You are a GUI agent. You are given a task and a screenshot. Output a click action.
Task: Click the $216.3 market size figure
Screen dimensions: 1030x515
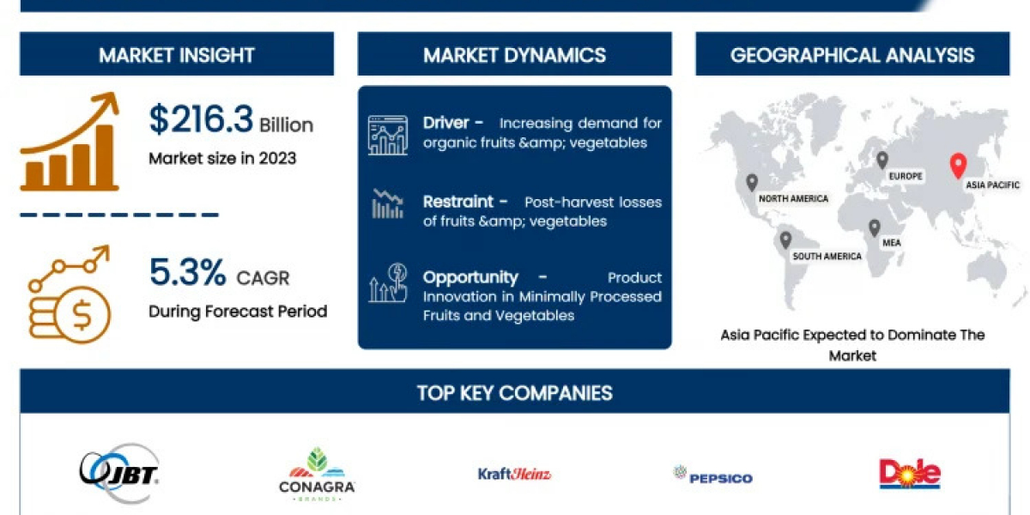click(x=201, y=119)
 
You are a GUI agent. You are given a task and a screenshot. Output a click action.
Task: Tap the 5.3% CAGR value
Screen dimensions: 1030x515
click(x=188, y=272)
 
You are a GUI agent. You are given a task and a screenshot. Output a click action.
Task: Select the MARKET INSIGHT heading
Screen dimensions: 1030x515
click(x=177, y=55)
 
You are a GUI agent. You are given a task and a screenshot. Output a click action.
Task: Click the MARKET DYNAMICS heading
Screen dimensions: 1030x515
click(x=514, y=55)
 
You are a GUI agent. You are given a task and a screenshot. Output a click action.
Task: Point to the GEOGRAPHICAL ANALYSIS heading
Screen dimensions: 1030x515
click(x=852, y=55)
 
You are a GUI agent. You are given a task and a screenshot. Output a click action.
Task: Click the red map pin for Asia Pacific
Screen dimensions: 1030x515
click(x=958, y=165)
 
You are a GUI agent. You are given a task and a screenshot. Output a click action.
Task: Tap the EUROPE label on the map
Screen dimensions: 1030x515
click(x=906, y=176)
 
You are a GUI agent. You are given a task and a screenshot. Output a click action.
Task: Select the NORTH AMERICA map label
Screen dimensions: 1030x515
click(x=793, y=198)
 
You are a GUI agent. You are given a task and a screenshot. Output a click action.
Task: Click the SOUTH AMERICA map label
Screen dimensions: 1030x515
click(x=827, y=256)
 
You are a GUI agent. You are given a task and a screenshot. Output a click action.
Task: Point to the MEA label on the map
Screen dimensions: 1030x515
click(x=891, y=243)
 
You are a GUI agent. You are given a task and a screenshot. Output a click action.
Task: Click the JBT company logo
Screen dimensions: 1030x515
click(x=119, y=474)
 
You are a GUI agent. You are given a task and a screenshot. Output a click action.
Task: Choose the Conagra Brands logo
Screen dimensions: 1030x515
click(x=317, y=475)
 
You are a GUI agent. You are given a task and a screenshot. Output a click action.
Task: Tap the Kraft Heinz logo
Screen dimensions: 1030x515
click(x=514, y=474)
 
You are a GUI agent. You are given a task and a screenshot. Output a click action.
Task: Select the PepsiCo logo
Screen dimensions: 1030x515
click(x=712, y=476)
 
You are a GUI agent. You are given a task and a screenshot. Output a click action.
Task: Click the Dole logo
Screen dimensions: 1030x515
click(x=910, y=474)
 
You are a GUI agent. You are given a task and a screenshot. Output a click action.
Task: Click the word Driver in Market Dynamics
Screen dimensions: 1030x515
click(x=445, y=123)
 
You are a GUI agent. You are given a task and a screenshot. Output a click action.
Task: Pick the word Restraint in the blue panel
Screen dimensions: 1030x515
click(x=458, y=202)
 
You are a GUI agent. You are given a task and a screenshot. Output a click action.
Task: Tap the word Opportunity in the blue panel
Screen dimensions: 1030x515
click(x=470, y=277)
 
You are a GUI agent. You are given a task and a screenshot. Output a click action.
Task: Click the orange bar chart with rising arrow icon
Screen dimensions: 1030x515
click(x=70, y=142)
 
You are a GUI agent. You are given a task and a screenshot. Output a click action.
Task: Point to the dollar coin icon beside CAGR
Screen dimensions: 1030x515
click(x=70, y=294)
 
